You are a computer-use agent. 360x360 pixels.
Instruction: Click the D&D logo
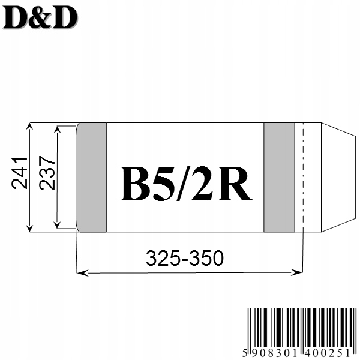(x=40, y=19)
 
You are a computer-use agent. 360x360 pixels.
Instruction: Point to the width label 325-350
(x=185, y=259)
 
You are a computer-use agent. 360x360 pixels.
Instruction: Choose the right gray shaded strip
(x=279, y=177)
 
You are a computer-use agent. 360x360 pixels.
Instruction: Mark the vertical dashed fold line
(x=303, y=177)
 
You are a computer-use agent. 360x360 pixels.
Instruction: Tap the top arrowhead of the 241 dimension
(x=29, y=127)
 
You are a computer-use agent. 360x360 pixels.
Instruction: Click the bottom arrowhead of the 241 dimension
(x=29, y=227)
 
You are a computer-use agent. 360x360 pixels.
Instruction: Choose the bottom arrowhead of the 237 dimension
(x=57, y=224)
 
